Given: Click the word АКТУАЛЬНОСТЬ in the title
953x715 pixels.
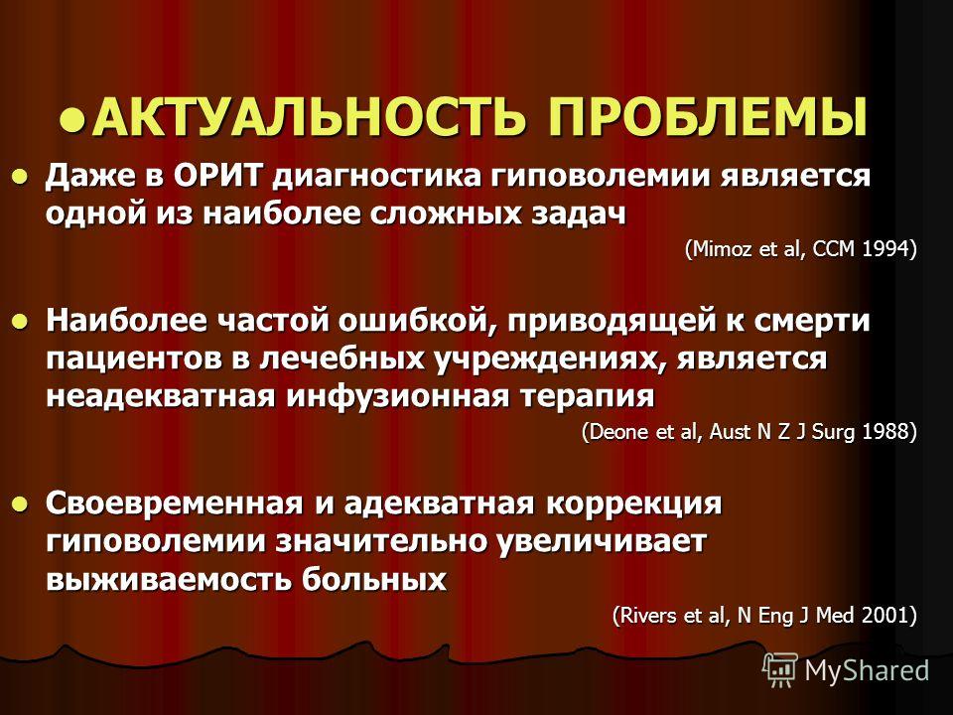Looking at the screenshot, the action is [308, 115].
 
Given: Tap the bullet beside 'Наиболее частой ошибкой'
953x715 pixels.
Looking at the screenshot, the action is [21, 322].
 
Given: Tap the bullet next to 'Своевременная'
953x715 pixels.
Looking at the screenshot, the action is [21, 504].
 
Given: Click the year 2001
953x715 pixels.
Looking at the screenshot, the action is [885, 616].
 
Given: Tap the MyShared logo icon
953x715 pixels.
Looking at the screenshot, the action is [780, 670].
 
